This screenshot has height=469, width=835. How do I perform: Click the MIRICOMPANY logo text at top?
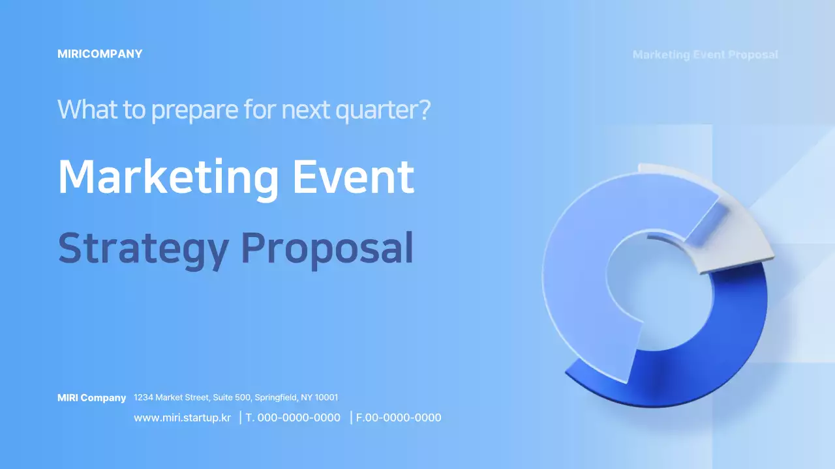click(x=100, y=54)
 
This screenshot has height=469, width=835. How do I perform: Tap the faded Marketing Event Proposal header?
click(x=705, y=55)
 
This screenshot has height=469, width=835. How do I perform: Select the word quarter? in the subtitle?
click(x=383, y=110)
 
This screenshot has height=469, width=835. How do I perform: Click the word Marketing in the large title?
click(x=168, y=177)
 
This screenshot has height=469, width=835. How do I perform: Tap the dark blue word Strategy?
click(x=144, y=249)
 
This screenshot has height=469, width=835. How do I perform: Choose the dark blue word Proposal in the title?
click(x=327, y=249)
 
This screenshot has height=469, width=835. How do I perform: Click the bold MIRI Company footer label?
click(x=92, y=398)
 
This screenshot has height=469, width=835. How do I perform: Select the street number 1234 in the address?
click(x=144, y=397)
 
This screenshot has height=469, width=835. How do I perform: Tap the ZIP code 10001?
click(x=327, y=397)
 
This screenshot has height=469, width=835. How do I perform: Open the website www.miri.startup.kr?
click(x=182, y=418)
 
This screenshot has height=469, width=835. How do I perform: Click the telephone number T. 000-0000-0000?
click(x=293, y=418)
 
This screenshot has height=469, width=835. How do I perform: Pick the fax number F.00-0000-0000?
click(x=399, y=418)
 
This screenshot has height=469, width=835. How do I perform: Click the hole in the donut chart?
click(x=660, y=287)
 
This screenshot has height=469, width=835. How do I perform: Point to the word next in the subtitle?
click(x=306, y=110)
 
